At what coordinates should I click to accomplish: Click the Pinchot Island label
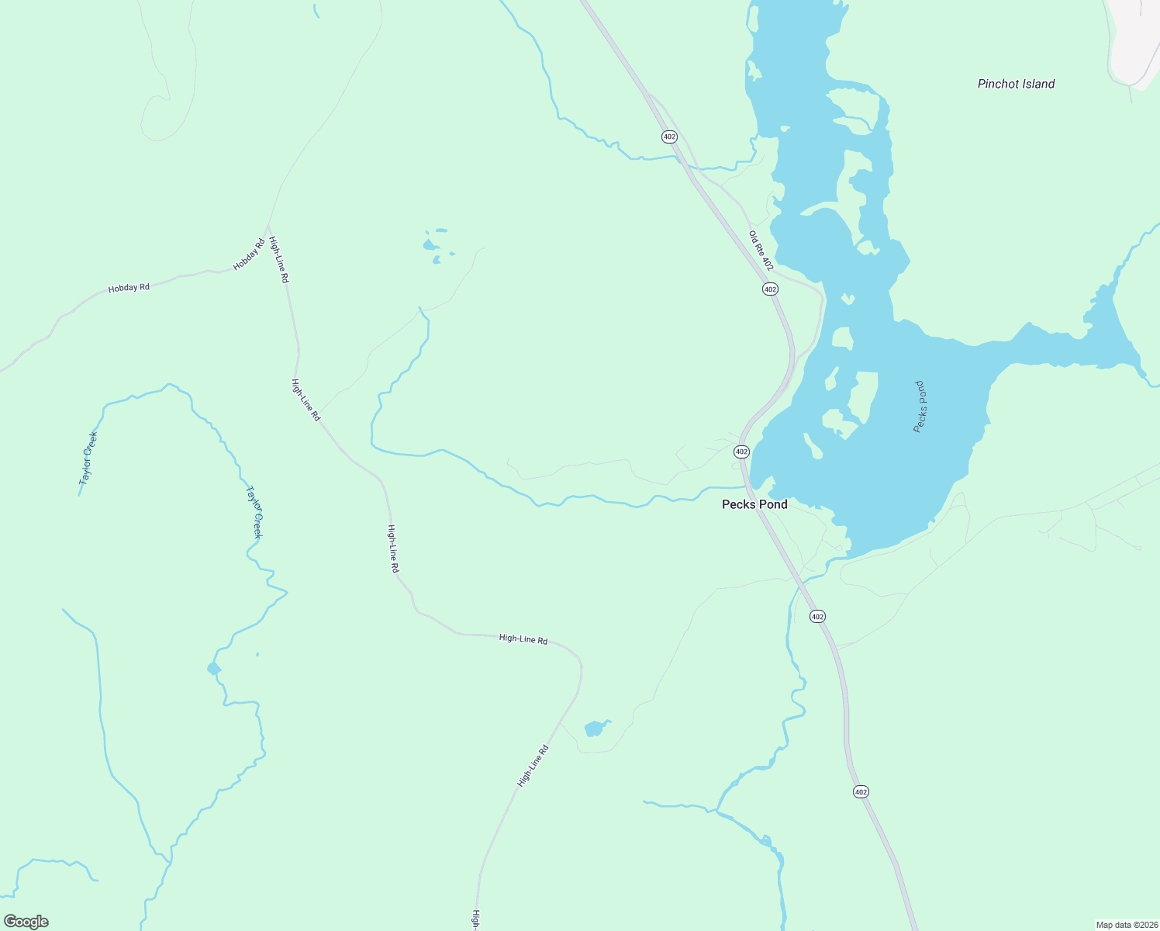tap(1016, 84)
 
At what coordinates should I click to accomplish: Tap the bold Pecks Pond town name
tap(754, 504)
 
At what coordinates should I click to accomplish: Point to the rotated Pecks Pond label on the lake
tap(920, 407)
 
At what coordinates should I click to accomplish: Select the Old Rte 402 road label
tap(761, 250)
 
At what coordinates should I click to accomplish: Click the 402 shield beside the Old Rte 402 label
tap(769, 289)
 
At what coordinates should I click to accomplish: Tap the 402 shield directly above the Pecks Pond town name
tap(741, 451)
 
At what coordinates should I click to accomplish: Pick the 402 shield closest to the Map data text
tap(861, 791)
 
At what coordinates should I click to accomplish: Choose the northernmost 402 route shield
tap(670, 137)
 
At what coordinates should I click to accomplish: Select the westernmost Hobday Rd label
tap(129, 288)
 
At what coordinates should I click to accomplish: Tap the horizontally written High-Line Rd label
tap(523, 639)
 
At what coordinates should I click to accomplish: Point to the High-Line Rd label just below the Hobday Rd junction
tap(278, 260)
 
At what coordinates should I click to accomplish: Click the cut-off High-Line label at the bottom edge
tap(475, 920)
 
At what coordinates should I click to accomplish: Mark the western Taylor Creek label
tap(88, 458)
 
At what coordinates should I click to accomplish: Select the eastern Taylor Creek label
tap(254, 512)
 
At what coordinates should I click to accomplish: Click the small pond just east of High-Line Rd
tap(595, 729)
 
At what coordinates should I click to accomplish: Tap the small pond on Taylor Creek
tap(213, 669)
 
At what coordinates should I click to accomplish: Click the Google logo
tap(26, 922)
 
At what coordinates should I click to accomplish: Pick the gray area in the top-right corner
tap(1137, 39)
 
